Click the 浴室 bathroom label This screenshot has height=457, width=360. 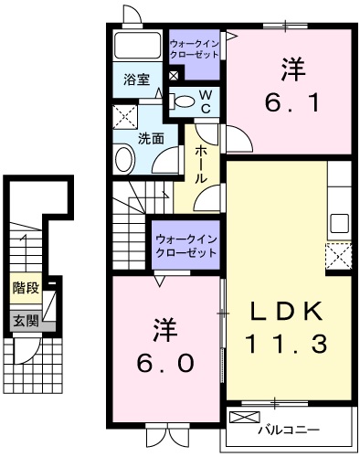pyautogui.click(x=136, y=79)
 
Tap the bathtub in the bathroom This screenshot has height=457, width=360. pyautogui.click(x=138, y=47)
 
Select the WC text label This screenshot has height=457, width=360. pyautogui.click(x=206, y=101)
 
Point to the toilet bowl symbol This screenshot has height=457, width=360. pyautogui.click(x=184, y=101)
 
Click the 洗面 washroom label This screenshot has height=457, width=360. pyautogui.click(x=151, y=139)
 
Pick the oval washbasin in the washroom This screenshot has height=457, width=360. pyautogui.click(x=124, y=156)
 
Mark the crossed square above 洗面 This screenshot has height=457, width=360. pyautogui.click(x=123, y=117)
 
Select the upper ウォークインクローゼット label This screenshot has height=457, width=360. pyautogui.click(x=194, y=48)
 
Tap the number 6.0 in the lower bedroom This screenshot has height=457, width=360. pyautogui.click(x=166, y=350)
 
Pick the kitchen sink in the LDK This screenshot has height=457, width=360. pyautogui.click(x=340, y=222)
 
